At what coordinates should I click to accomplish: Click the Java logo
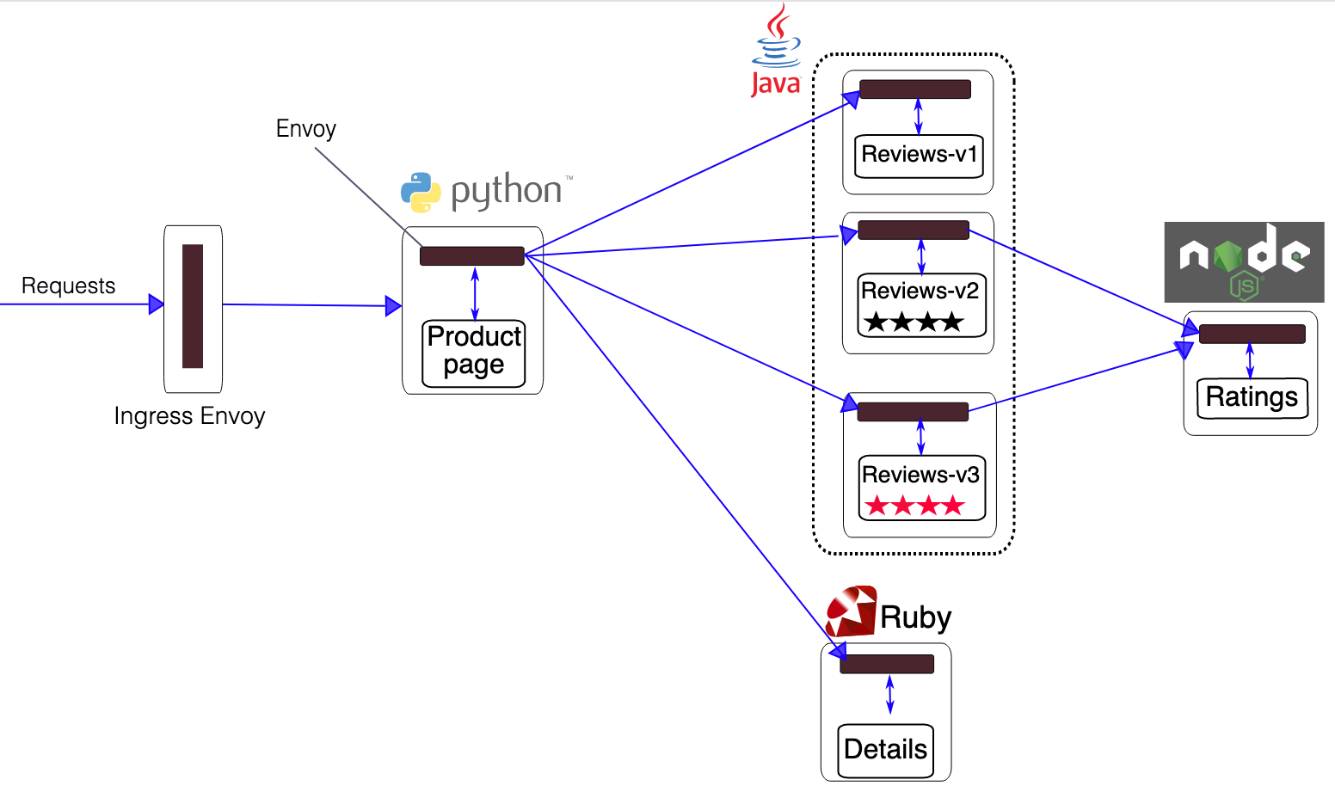coord(776,50)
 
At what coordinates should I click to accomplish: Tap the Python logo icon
coord(421,192)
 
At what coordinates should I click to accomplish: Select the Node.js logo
coord(1244,262)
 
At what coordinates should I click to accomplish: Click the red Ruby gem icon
coord(850,611)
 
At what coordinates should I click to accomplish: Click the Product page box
coord(474,353)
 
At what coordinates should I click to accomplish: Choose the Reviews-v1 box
coord(919,156)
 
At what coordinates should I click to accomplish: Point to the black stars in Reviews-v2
coord(914,323)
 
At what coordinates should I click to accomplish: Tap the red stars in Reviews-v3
coord(914,506)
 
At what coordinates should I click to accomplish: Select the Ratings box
coord(1252,397)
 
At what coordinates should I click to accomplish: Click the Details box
coord(885,750)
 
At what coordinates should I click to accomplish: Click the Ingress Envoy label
coord(189,416)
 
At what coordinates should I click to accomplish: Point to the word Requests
coord(68,285)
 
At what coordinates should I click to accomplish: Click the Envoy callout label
coord(305,129)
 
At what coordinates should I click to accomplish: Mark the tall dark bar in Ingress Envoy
coord(193,306)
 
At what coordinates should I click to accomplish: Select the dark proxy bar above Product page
coord(471,255)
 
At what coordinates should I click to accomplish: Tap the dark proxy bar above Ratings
coord(1252,334)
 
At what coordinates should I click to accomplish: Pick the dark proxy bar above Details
coord(886,664)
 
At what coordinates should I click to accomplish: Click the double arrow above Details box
coord(889,695)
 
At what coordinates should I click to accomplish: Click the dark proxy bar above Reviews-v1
coord(914,89)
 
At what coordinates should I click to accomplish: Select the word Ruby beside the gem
coord(915,617)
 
